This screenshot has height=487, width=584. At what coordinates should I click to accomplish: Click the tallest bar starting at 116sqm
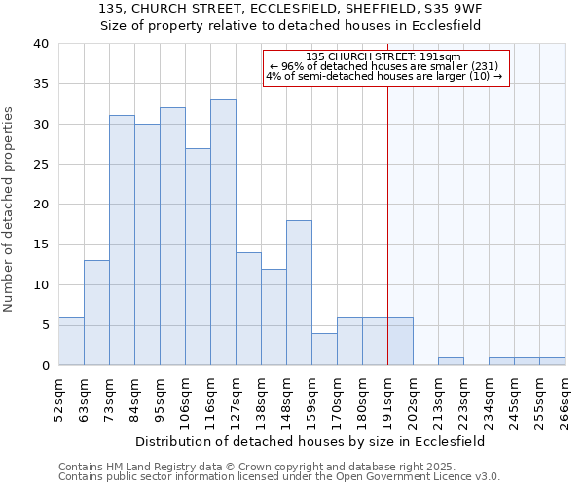point(223,233)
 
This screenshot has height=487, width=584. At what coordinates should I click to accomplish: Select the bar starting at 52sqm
point(71,341)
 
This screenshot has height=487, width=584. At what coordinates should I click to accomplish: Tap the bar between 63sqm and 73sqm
point(96,313)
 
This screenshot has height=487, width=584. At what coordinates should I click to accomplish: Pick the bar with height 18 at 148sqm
point(299,293)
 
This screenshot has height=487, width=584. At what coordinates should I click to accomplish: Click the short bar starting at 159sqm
point(324,350)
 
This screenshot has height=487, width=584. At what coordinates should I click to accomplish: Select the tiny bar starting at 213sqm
point(451,361)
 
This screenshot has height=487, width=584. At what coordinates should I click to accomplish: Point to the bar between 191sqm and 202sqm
point(400,341)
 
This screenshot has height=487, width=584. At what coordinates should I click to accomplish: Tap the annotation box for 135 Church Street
point(385,67)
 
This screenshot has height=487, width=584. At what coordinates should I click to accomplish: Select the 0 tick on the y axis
point(46,365)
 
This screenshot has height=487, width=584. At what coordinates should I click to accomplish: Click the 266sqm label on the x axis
point(566,401)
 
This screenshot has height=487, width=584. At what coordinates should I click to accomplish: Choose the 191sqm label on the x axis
point(388,401)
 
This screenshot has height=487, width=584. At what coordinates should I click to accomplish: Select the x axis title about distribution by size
point(311,441)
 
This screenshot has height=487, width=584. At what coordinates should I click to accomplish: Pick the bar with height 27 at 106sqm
point(198,257)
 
